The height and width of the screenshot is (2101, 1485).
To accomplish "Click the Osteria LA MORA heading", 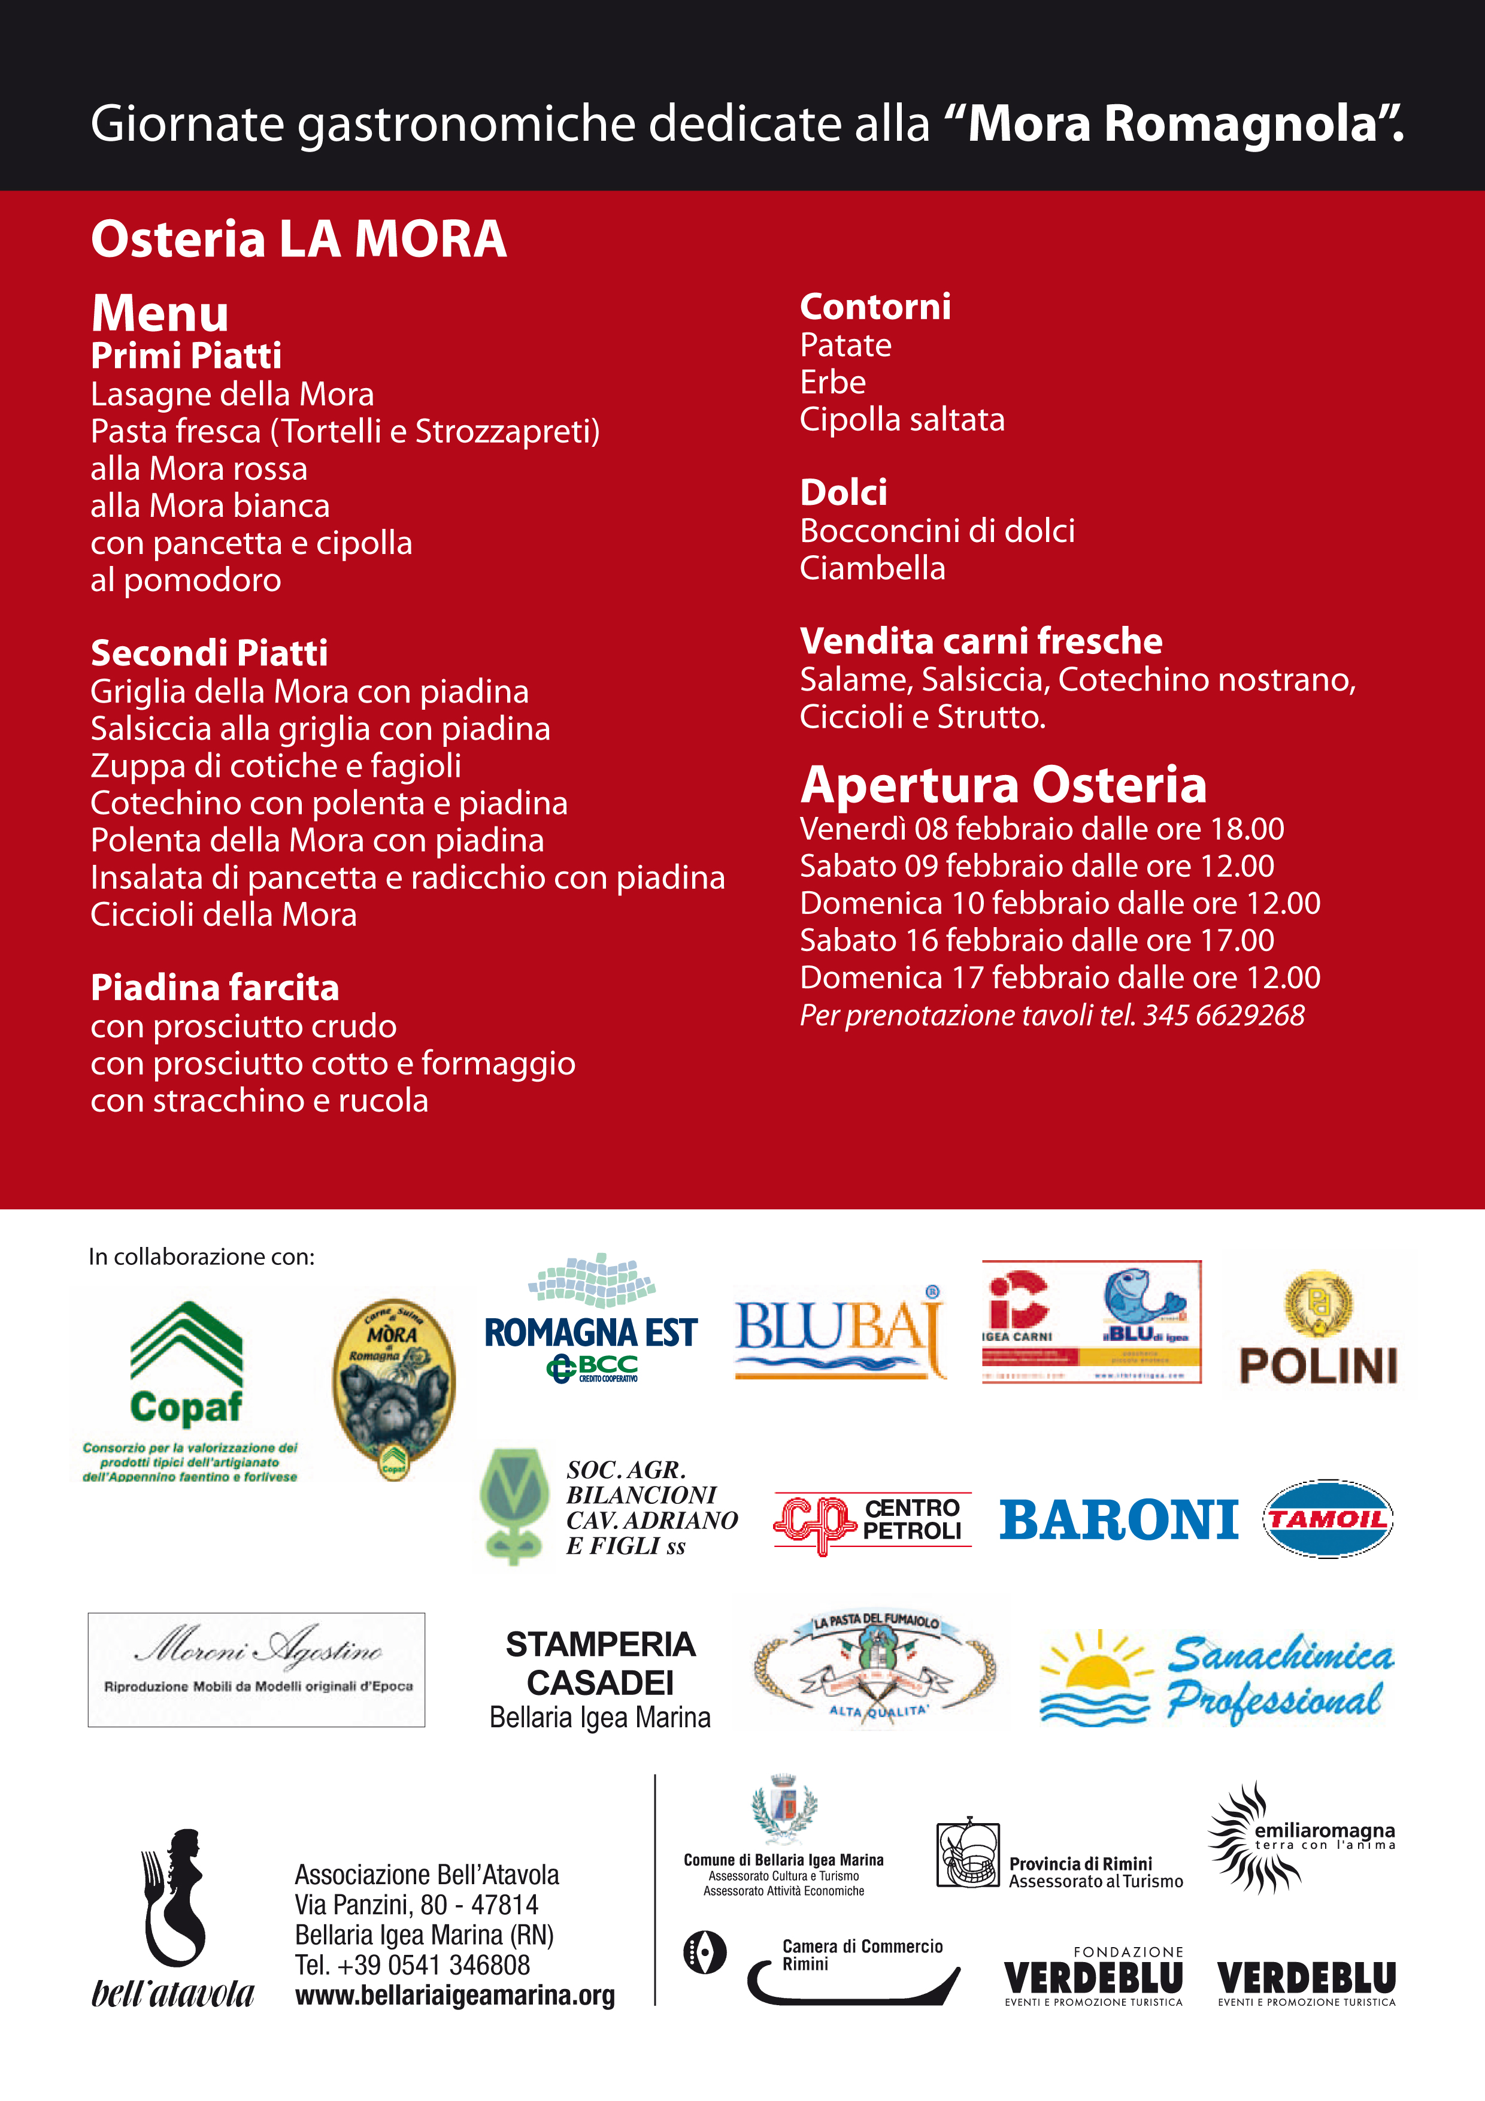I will pyautogui.click(x=298, y=240).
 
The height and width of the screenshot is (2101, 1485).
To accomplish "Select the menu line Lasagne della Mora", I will pyautogui.click(x=232, y=395).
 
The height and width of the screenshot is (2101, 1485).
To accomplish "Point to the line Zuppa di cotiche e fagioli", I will pyautogui.click(x=275, y=766).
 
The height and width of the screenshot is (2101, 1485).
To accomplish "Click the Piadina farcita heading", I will pyautogui.click(x=215, y=988).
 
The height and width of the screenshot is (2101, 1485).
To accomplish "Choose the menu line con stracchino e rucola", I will pyautogui.click(x=259, y=1101).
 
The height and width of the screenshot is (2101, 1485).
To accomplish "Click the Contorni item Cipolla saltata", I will pyautogui.click(x=902, y=420).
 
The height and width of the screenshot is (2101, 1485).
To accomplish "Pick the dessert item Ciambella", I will pyautogui.click(x=872, y=568).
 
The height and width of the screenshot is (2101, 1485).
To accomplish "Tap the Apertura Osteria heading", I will pyautogui.click(x=1004, y=785).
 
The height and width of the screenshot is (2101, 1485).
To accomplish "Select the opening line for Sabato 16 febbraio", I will pyautogui.click(x=1037, y=941).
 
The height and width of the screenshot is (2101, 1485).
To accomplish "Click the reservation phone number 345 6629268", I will pyautogui.click(x=1223, y=1016).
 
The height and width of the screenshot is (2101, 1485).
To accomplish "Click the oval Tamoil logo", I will pyautogui.click(x=1328, y=1519).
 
